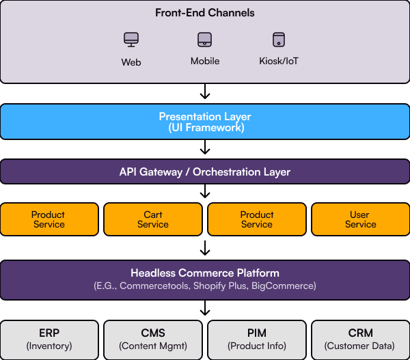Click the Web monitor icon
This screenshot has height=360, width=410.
(x=131, y=40)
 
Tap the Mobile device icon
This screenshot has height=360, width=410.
(x=204, y=40)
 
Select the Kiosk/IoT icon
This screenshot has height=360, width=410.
(x=279, y=40)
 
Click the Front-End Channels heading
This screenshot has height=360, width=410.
(x=205, y=13)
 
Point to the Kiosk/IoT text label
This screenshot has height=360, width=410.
(x=279, y=61)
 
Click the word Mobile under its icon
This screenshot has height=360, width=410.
(x=205, y=61)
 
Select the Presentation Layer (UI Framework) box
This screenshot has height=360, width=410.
(x=205, y=122)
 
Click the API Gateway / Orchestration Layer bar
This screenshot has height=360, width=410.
(x=205, y=171)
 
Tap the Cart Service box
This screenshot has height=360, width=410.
(x=153, y=219)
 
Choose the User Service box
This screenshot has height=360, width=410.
(x=361, y=219)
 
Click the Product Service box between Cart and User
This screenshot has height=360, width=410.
(x=257, y=219)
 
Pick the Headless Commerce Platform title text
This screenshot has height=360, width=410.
(x=205, y=273)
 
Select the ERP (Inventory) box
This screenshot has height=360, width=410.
(x=49, y=340)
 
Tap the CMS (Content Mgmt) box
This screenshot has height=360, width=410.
(x=153, y=340)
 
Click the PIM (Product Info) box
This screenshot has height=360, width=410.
(x=257, y=340)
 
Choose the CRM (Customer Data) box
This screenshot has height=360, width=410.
(x=361, y=340)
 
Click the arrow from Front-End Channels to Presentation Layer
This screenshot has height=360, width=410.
(x=205, y=92)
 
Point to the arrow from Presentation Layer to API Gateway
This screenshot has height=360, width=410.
(x=205, y=147)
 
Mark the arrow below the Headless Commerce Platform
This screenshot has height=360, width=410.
(x=205, y=308)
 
